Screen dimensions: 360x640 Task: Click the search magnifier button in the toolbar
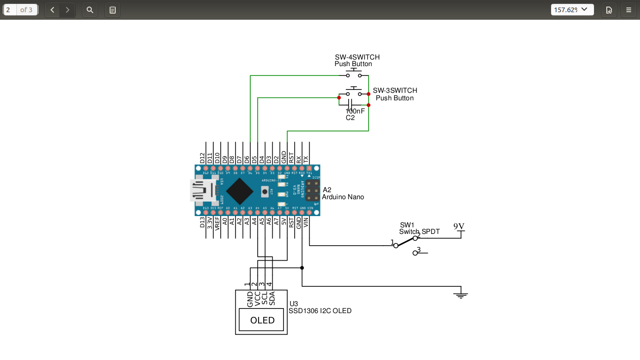pyautogui.click(x=90, y=10)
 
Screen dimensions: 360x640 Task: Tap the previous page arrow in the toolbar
pyautogui.click(x=52, y=10)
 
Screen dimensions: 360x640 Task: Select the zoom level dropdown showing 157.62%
pyautogui.click(x=572, y=10)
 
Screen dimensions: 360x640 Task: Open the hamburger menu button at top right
pyautogui.click(x=629, y=10)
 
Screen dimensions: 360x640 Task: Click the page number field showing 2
pyautogui.click(x=10, y=10)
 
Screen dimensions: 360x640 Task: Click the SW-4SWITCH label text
pyautogui.click(x=357, y=57)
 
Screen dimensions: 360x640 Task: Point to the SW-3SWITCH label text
pyautogui.click(x=395, y=90)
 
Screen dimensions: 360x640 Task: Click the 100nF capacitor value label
pyautogui.click(x=355, y=111)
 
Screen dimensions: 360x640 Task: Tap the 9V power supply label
pyautogui.click(x=459, y=226)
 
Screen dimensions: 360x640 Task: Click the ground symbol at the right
pyautogui.click(x=461, y=295)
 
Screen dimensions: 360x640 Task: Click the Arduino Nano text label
pyautogui.click(x=343, y=197)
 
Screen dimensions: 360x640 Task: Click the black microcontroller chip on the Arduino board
pyautogui.click(x=240, y=191)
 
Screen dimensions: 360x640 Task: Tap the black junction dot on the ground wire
pyautogui.click(x=302, y=268)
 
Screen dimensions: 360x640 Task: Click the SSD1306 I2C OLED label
pyautogui.click(x=320, y=311)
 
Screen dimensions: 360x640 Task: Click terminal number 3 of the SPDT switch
pyautogui.click(x=419, y=250)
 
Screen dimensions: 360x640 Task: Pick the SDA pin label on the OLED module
pyautogui.click(x=272, y=299)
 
